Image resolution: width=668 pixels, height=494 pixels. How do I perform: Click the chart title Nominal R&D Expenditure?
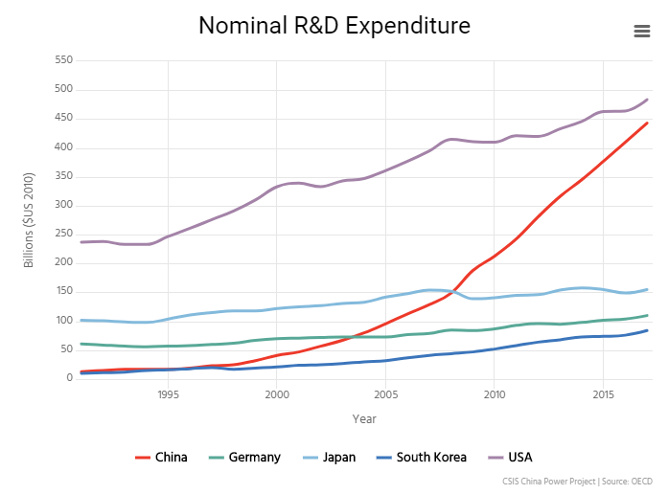334,26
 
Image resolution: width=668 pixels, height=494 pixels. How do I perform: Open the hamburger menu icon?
642,31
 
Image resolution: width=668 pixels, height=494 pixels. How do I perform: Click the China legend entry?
161,458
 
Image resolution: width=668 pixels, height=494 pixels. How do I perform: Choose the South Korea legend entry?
420,458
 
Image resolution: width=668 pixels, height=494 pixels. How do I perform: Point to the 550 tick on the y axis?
62,60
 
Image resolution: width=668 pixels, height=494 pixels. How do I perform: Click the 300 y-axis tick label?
62,205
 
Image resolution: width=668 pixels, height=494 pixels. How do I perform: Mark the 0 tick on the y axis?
69,378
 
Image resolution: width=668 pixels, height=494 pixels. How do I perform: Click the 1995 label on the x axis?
168,394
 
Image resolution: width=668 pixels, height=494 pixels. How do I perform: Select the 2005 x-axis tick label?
385,394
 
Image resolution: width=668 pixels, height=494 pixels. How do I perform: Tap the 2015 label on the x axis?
603,394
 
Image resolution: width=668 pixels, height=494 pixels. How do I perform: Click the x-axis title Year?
364,419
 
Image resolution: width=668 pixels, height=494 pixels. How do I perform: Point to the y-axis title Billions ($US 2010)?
30,219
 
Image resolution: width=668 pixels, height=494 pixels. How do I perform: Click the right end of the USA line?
647,100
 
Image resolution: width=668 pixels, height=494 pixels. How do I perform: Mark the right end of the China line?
647,123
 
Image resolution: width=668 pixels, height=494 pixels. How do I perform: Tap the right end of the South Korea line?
647,330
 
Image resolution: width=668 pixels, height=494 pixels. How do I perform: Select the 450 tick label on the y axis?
62,119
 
